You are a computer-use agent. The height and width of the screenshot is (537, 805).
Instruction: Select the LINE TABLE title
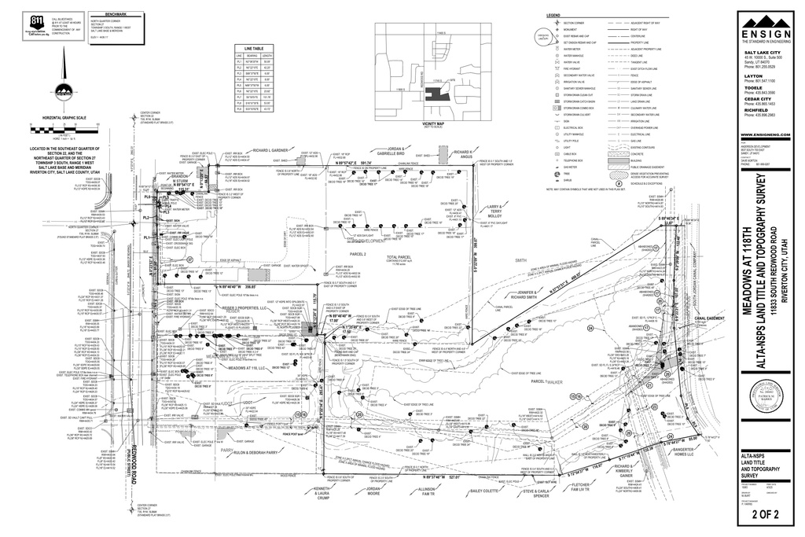253,47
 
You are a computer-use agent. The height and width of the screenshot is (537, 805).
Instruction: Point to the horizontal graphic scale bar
68,127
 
